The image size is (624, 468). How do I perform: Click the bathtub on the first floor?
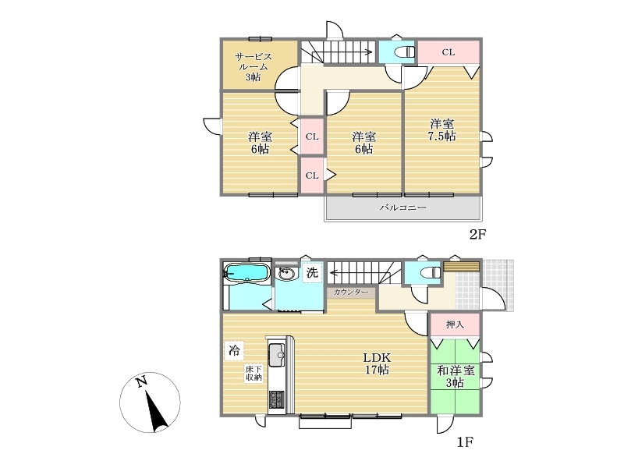click(x=245, y=274)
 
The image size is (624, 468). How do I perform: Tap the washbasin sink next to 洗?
click(x=286, y=274)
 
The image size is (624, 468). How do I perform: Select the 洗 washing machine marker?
click(x=312, y=272)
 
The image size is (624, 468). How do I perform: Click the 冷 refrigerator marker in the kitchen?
click(x=234, y=350)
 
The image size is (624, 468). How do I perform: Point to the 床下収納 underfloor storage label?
click(x=253, y=374)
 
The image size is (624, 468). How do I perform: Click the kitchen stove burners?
click(x=277, y=399)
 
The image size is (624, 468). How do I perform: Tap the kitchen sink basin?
click(x=277, y=355)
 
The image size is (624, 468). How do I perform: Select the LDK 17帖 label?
click(x=377, y=363)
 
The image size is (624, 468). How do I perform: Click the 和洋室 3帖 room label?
click(x=456, y=377)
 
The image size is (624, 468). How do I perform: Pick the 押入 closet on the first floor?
click(x=455, y=324)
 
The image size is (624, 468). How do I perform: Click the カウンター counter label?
click(x=350, y=292)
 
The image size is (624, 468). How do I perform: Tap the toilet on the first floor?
click(x=431, y=273)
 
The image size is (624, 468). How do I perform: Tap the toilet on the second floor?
click(x=404, y=52)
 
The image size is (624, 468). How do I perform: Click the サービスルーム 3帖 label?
click(x=253, y=66)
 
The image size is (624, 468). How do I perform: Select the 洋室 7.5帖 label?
click(x=441, y=129)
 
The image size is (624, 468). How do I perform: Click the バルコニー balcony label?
click(x=402, y=207)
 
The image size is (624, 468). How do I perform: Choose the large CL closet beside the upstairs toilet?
click(x=448, y=52)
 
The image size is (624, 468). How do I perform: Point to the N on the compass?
click(x=141, y=381)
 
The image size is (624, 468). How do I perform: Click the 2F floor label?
click(x=477, y=235)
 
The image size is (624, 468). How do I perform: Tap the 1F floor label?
click(x=464, y=441)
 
